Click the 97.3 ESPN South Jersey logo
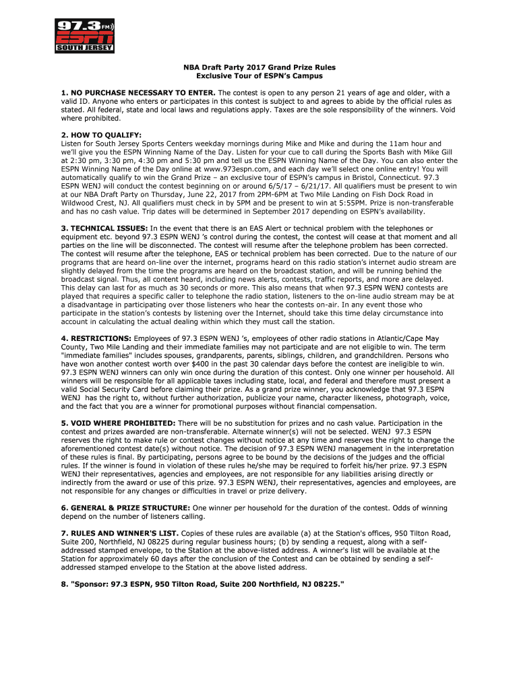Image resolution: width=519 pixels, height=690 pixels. point(84,36)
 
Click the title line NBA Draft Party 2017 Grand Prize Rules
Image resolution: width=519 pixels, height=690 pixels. point(260,68)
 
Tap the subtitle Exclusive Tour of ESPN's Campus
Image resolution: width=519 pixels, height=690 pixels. point(260,77)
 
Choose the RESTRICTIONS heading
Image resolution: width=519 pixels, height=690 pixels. point(96,338)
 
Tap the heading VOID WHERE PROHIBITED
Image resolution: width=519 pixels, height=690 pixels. point(118,423)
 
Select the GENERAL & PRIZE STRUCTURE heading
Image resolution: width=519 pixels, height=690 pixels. point(125,507)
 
